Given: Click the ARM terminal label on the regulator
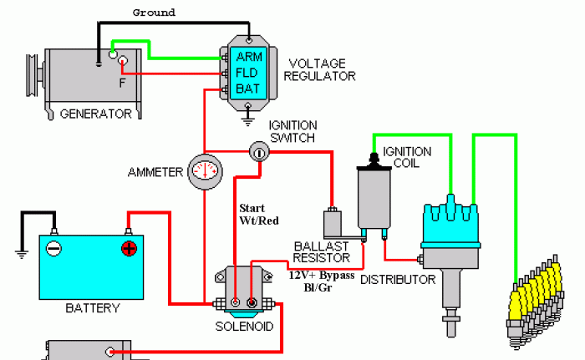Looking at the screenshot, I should (x=250, y=57).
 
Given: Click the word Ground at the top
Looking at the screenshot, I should (x=155, y=13).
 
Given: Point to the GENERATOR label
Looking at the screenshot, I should (x=95, y=114).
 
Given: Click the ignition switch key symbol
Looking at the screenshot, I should (x=260, y=152).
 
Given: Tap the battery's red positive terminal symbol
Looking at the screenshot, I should (x=129, y=248).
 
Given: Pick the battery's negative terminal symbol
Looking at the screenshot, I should (x=53, y=248).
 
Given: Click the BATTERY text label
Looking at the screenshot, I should (x=92, y=308).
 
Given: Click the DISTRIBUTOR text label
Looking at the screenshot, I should (x=398, y=279).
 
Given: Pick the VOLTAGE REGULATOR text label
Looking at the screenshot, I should (x=321, y=69).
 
